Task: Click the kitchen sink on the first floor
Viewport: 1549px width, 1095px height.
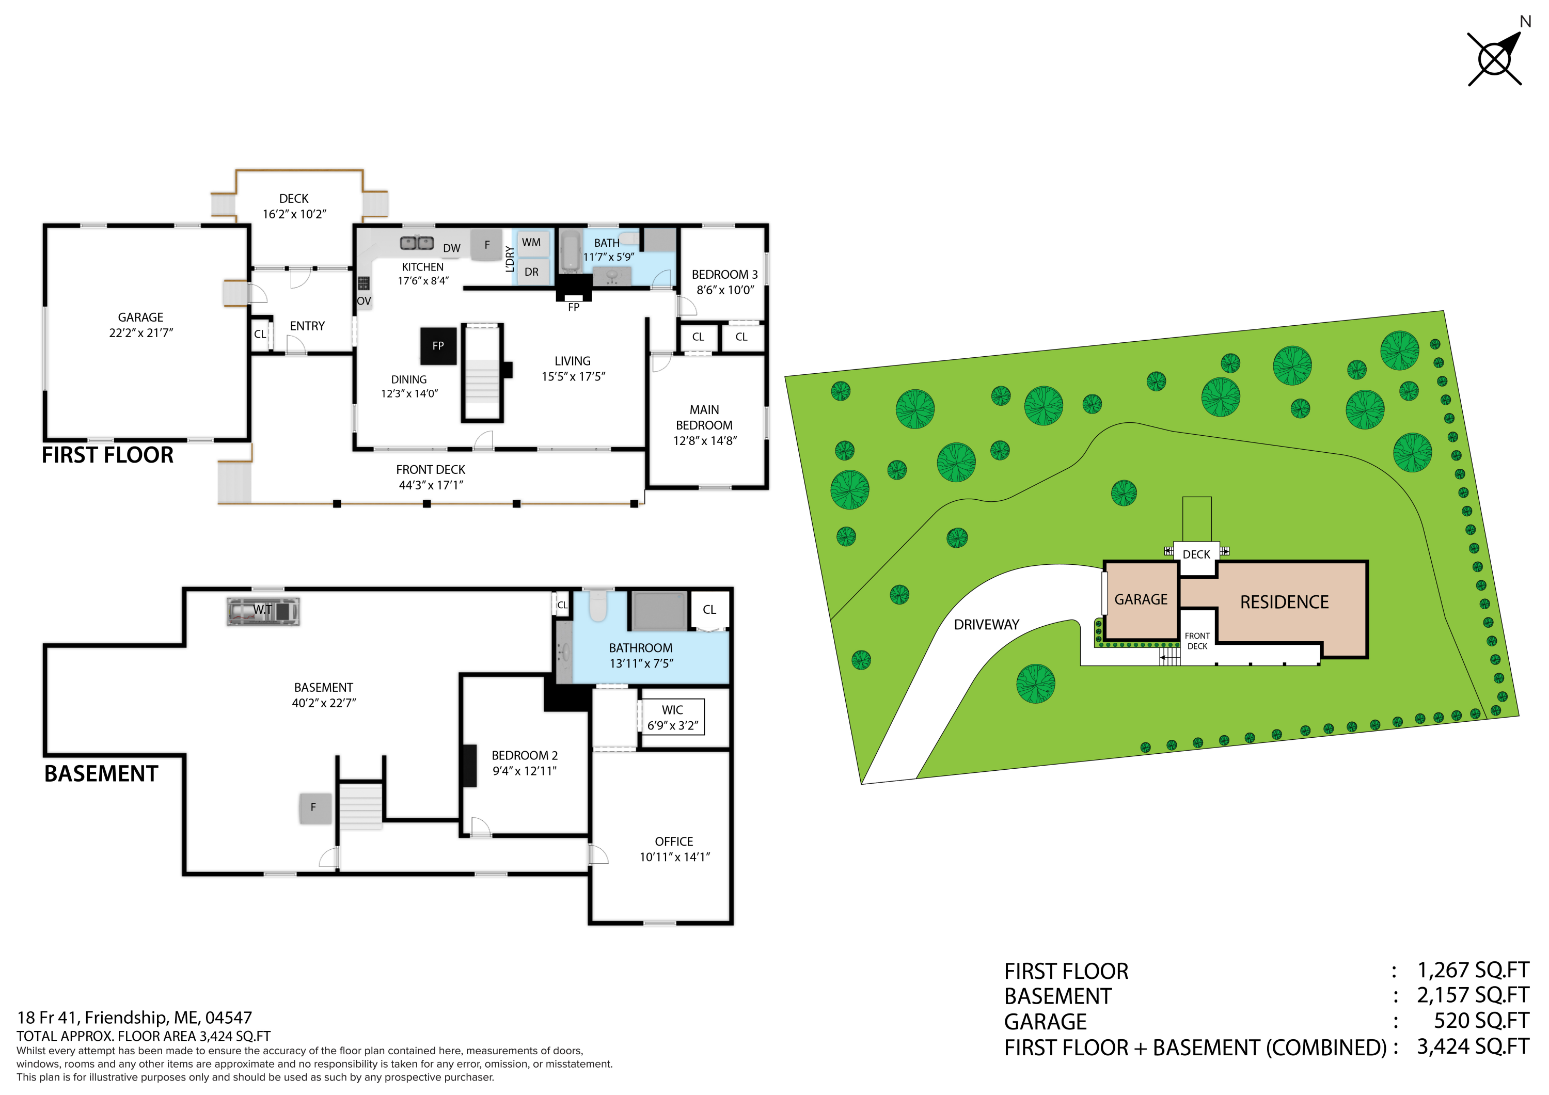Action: pos(417,243)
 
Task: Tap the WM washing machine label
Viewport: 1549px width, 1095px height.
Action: pos(531,243)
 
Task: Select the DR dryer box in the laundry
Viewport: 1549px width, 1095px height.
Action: pos(532,272)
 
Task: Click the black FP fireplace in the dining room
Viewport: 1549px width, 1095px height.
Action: pos(438,346)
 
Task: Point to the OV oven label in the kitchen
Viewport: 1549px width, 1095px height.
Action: pos(363,301)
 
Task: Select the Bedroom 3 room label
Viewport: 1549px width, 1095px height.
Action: pos(724,275)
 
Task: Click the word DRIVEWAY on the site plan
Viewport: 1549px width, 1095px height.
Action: pos(986,625)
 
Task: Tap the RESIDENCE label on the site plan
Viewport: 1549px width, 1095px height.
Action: pos(1284,602)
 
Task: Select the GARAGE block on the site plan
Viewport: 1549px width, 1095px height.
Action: pos(1141,600)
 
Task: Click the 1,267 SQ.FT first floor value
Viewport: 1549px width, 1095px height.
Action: pos(1472,970)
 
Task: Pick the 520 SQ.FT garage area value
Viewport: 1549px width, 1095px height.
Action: pos(1481,1022)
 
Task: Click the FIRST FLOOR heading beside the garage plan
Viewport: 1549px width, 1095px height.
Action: pos(108,455)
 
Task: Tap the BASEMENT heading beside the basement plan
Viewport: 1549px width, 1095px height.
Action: pos(101,774)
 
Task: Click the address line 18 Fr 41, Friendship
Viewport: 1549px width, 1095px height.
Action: pos(134,1018)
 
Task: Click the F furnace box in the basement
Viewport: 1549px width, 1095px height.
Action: pos(314,807)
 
